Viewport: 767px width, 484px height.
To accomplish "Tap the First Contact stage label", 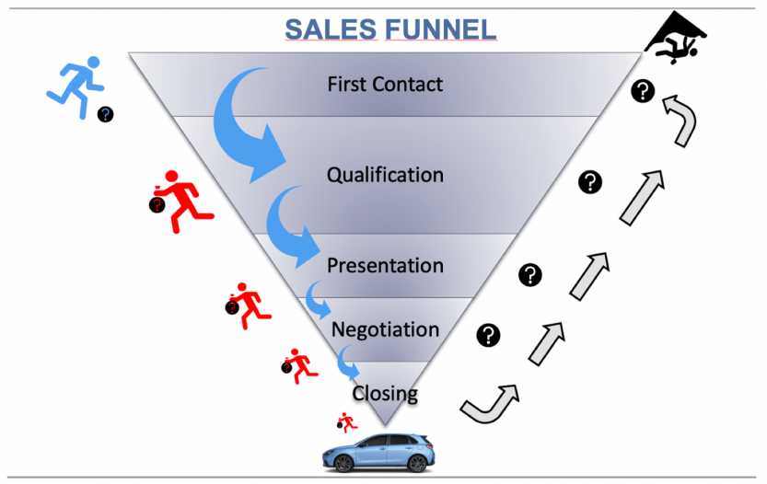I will coord(385,85).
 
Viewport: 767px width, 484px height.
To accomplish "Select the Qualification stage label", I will coord(385,174).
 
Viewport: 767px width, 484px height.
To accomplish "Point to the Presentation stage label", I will coord(385,265).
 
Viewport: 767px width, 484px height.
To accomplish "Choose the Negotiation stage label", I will coord(385,329).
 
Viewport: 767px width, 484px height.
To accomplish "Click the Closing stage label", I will coord(385,394).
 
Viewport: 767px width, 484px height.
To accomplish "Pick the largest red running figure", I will coord(184,195).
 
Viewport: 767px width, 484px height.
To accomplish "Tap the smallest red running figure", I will coord(347,422).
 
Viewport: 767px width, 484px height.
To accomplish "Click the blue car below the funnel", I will coord(378,451).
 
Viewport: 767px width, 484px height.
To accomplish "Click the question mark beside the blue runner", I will coord(106,115).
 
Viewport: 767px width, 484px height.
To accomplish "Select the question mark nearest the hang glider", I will coord(642,91).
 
